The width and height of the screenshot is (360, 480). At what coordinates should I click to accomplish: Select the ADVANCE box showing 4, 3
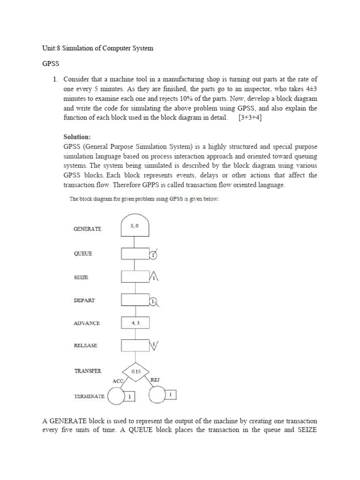(x=135, y=323)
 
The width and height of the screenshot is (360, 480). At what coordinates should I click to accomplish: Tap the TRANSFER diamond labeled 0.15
(x=135, y=371)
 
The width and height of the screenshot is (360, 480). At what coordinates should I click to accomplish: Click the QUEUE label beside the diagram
(x=83, y=254)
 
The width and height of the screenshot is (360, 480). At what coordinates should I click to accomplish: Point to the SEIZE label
(x=81, y=277)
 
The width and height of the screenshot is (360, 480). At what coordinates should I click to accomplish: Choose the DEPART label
(x=84, y=300)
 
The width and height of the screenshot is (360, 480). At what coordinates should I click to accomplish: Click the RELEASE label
(x=85, y=345)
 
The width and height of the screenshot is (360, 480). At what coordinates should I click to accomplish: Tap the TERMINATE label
(x=90, y=396)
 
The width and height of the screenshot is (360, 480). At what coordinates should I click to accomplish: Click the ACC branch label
(x=118, y=381)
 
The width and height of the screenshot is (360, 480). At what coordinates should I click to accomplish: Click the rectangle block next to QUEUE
(x=135, y=254)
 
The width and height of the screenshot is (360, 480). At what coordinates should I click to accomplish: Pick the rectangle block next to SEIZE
(x=135, y=277)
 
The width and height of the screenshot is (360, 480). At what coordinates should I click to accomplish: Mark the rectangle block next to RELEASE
(x=135, y=345)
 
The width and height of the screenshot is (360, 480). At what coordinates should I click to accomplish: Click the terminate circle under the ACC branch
(x=115, y=397)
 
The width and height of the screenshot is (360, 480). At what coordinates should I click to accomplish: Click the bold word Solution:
(x=77, y=137)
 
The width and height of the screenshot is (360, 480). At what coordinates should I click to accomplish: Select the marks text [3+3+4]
(x=247, y=117)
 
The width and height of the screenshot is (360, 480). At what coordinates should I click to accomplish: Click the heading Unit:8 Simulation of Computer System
(x=98, y=48)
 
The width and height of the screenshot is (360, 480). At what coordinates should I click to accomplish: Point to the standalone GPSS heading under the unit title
(x=50, y=65)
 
